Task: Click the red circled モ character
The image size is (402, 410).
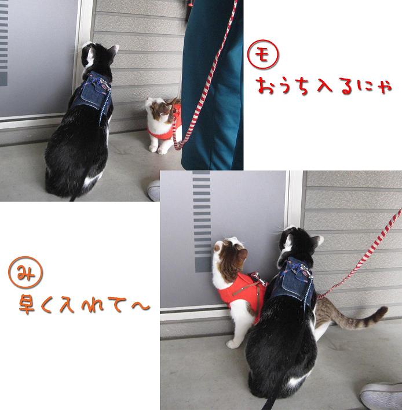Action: [263, 54]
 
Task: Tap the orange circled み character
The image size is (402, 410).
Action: [25, 272]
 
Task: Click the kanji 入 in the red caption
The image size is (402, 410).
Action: [325, 86]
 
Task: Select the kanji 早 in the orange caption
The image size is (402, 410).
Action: [27, 304]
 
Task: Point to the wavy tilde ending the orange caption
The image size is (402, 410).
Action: [141, 306]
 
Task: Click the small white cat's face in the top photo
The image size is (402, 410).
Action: [158, 106]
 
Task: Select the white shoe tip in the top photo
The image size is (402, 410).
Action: [154, 190]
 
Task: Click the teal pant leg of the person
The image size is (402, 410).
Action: [212, 86]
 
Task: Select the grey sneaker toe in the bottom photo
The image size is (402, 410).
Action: [382, 396]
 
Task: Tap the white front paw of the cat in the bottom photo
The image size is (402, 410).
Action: [233, 344]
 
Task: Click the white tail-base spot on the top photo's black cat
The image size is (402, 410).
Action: [93, 180]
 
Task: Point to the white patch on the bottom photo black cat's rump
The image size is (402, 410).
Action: [296, 381]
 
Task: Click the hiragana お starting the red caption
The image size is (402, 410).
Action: [265, 86]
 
